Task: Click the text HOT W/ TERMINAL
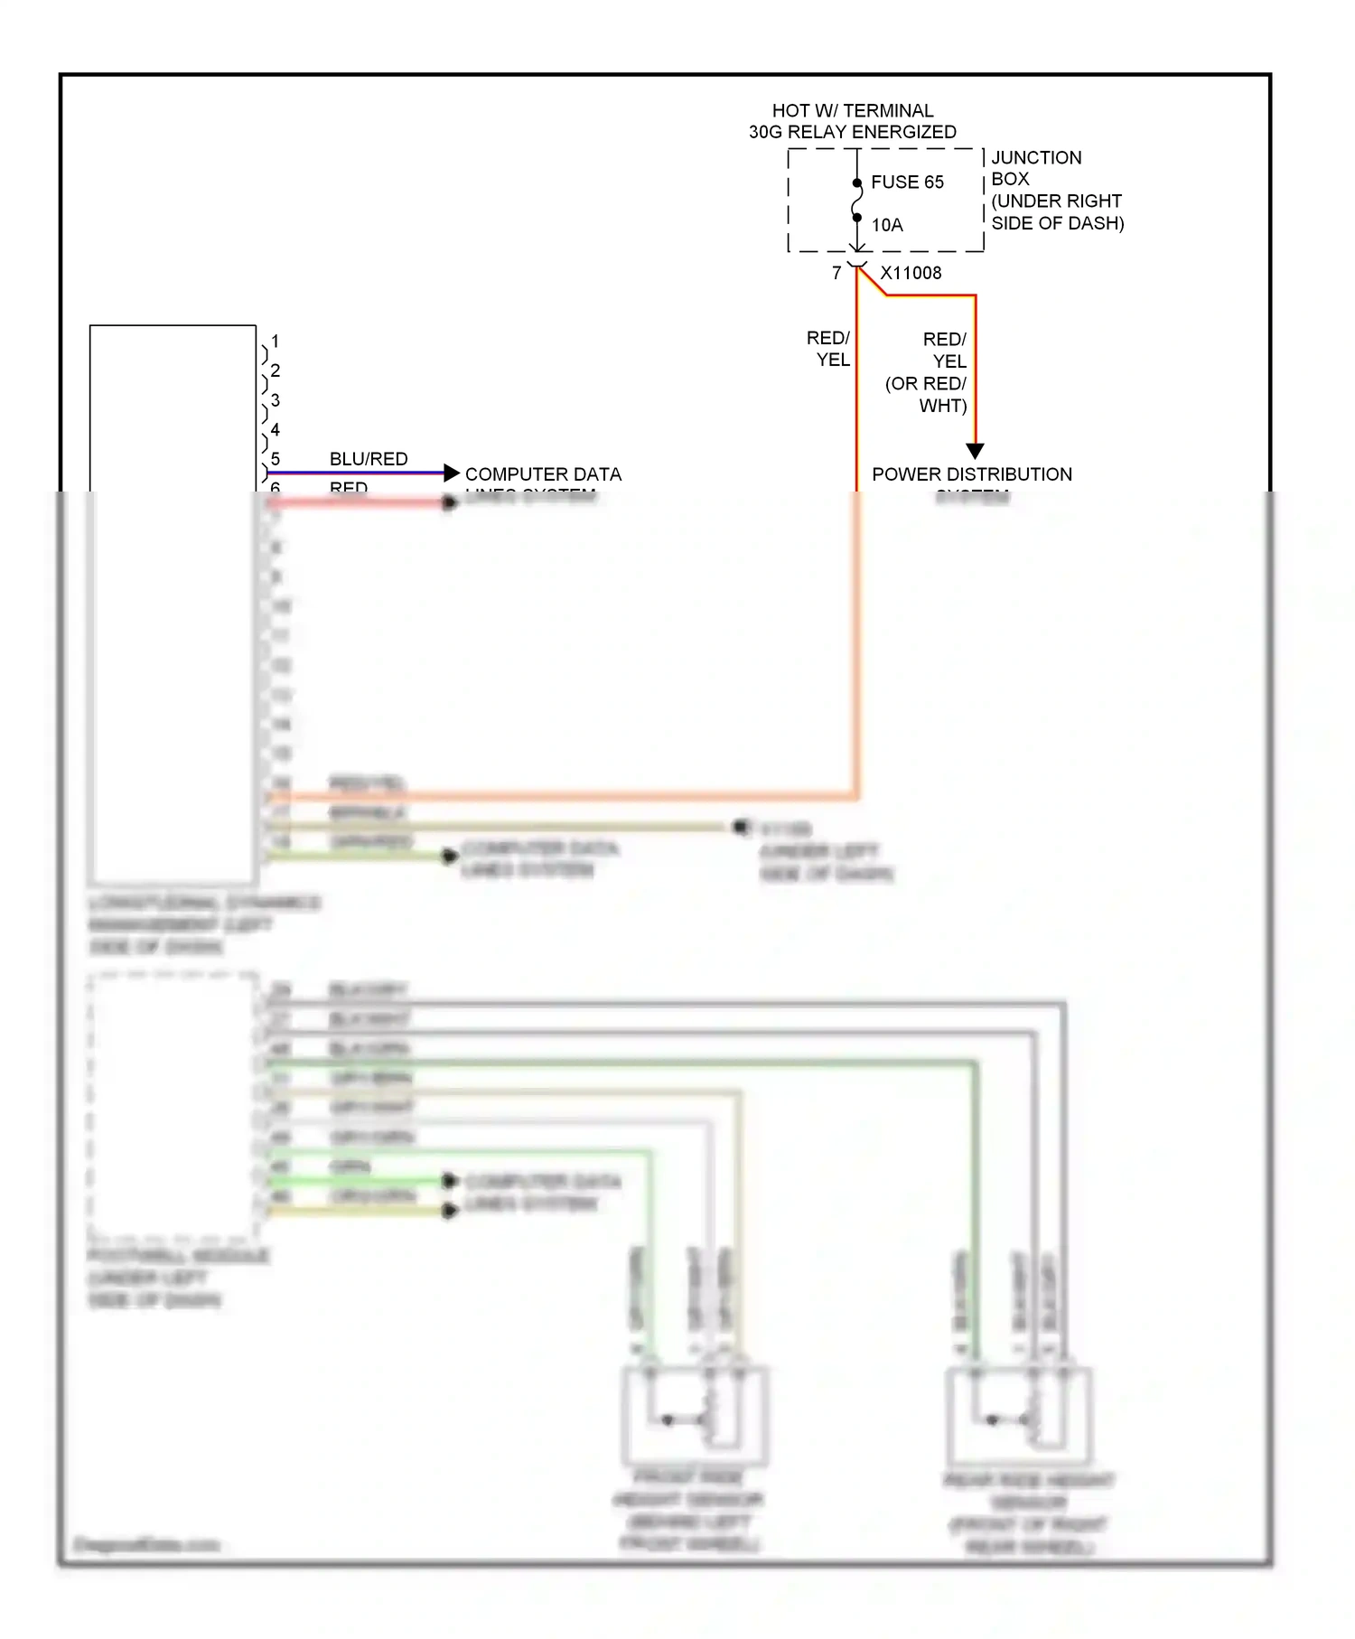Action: tap(852, 110)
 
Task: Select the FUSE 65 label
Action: tap(907, 183)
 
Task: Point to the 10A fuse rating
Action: tap(887, 225)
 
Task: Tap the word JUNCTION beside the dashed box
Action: tap(1036, 158)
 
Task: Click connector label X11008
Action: tap(911, 273)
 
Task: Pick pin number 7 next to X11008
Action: tap(836, 273)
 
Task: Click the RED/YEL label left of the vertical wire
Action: tap(828, 349)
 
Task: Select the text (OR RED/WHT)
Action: tap(926, 395)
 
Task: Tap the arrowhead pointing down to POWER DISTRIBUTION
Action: tap(975, 451)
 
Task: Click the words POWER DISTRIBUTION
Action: tap(972, 474)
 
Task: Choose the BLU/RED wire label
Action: tap(369, 459)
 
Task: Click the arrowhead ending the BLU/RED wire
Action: tap(452, 473)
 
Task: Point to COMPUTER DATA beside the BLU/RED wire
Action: tap(543, 474)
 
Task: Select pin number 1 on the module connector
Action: tap(276, 342)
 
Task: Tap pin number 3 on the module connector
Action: tap(276, 400)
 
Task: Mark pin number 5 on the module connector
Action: tap(276, 459)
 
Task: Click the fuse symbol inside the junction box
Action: tap(856, 201)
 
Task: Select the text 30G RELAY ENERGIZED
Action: tap(852, 132)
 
